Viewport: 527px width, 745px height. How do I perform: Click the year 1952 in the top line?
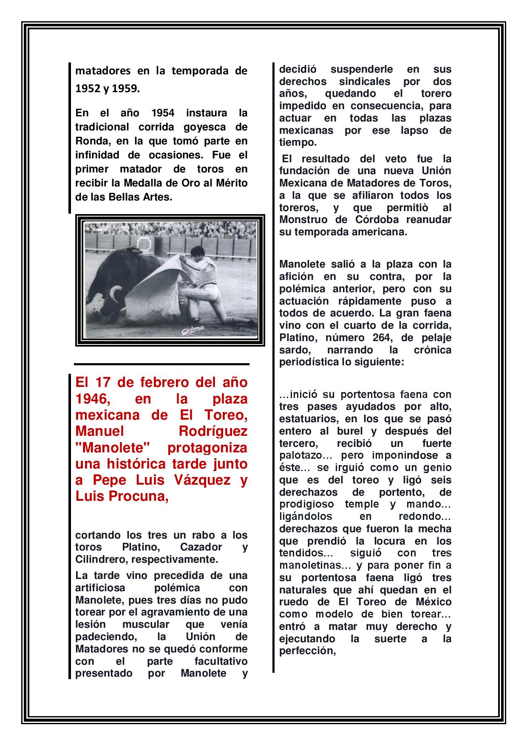pos(86,88)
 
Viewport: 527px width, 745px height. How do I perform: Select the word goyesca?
pos(198,127)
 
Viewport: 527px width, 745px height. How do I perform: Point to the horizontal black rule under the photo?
pos(161,364)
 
